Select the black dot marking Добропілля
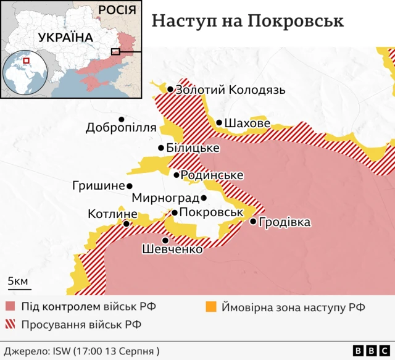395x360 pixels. pyautogui.click(x=122, y=119)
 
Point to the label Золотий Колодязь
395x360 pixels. pyautogui.click(x=230, y=90)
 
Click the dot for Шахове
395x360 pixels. pyautogui.click(x=219, y=123)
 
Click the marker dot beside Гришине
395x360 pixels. pyautogui.click(x=130, y=186)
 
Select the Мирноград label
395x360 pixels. pyautogui.click(x=165, y=199)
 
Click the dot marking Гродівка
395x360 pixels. pyautogui.click(x=252, y=222)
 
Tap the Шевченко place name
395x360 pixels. pyautogui.click(x=172, y=249)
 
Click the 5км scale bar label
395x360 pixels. pyautogui.click(x=17, y=282)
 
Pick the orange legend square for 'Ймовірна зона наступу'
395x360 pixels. pyautogui.click(x=210, y=307)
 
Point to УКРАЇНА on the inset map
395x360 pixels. pyautogui.click(x=65, y=38)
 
